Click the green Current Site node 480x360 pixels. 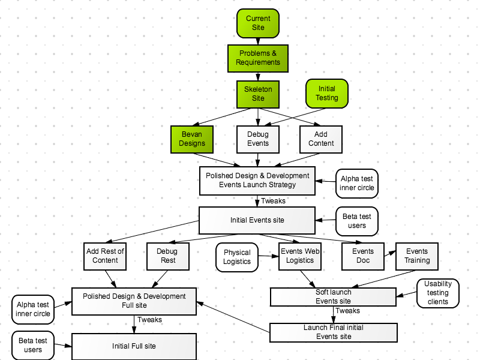point(258,23)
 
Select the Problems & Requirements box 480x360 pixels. point(258,58)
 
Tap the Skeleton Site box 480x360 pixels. point(258,94)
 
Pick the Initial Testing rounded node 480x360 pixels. point(327,94)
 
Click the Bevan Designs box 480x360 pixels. point(192,139)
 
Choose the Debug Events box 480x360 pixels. point(258,139)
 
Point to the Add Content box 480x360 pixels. point(321,139)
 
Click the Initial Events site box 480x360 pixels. point(257,220)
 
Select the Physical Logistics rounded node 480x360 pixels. point(237,257)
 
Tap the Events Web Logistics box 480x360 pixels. point(300,256)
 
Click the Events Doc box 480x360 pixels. point(363,256)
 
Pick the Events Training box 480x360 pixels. point(417,256)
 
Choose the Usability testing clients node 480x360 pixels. point(438,293)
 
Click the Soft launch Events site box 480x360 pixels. point(334,297)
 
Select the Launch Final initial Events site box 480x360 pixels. point(334,332)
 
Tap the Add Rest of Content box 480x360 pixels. point(105,256)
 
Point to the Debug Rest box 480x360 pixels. point(168,256)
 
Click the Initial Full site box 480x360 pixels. point(134,347)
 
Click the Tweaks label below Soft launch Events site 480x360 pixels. point(347,311)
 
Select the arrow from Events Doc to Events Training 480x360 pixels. point(390,253)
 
